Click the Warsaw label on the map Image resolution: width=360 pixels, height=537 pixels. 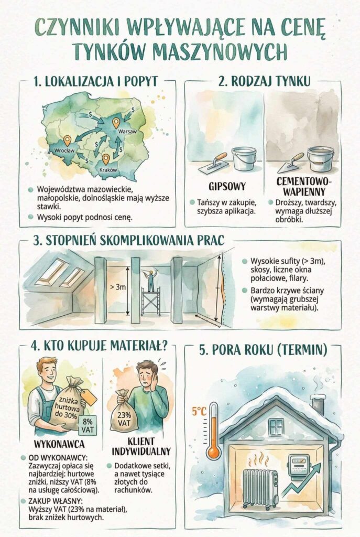coord(127,132)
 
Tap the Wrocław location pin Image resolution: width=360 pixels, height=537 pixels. coord(67,141)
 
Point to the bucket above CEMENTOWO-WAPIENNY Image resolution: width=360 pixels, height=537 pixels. coord(320,158)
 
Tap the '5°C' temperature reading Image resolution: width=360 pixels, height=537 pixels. coord(199,412)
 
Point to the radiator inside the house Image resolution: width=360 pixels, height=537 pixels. coord(260,488)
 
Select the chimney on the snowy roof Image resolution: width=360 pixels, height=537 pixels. coord(318,402)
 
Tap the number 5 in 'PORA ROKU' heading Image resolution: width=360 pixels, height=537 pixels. coord(204,349)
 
